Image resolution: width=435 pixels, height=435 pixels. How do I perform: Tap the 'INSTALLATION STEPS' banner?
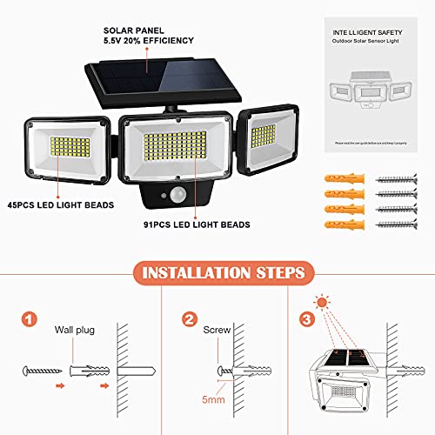click(x=217, y=273)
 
